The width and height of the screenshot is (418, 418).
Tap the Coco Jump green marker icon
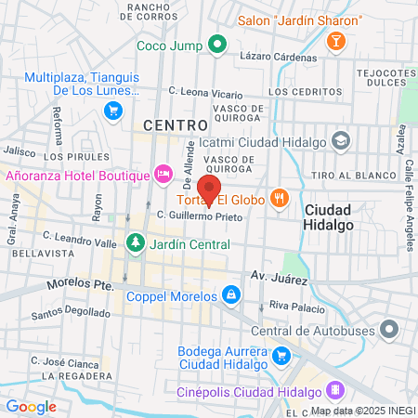click(x=218, y=44)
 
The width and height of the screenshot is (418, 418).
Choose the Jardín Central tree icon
click(x=136, y=243)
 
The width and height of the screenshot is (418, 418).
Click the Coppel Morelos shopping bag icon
click(x=231, y=296)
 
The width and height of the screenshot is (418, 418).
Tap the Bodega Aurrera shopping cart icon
click(x=281, y=354)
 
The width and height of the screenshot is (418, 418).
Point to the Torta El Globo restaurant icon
click(x=278, y=198)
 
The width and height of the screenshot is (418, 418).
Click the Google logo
click(x=31, y=406)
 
